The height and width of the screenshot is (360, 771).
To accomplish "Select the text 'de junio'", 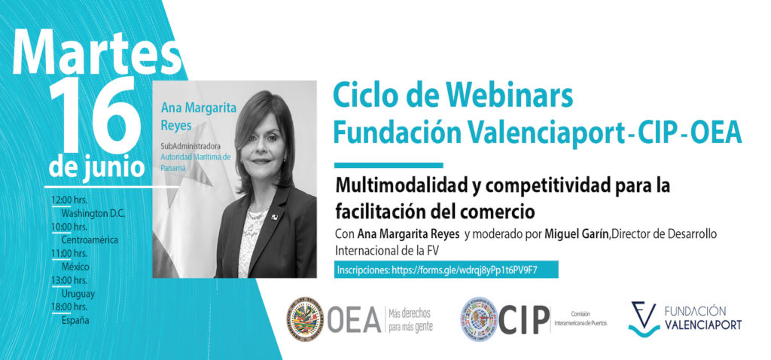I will point(96,165).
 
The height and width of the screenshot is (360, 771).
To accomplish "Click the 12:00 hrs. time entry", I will point(69,200).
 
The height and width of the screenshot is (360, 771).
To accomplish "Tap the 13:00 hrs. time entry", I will point(69,280).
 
